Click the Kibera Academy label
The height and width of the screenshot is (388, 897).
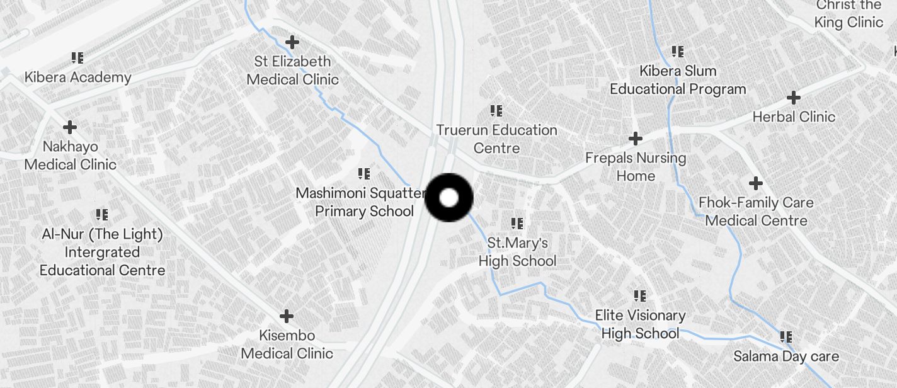[x=77, y=77]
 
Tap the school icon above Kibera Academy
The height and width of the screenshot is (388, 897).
[x=77, y=58]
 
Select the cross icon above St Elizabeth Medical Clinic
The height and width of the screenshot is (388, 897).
[x=292, y=42]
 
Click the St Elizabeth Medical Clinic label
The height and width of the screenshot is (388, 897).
[x=293, y=71]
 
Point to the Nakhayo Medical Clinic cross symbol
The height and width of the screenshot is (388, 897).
[x=70, y=127]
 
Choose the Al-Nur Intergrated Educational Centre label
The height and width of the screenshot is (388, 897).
[x=102, y=252]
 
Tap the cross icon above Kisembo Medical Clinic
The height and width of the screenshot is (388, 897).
[x=287, y=316]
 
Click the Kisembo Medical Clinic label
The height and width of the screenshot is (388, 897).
[x=287, y=345]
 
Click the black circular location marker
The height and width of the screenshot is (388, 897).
[x=449, y=198]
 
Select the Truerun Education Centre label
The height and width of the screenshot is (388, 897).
[x=496, y=139]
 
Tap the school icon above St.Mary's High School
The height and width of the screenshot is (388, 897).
[x=517, y=223]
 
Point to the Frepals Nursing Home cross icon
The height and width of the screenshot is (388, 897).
[x=636, y=138]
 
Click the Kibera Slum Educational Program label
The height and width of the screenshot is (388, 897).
[x=678, y=80]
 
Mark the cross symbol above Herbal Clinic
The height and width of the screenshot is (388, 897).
[x=794, y=98]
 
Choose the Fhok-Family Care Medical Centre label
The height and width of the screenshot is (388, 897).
[x=756, y=212]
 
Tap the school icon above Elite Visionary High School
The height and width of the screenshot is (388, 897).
[x=640, y=295]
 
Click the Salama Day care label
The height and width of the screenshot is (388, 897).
[x=786, y=357]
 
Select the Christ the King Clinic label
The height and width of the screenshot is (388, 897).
[x=848, y=14]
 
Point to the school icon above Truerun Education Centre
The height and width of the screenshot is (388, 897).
[x=496, y=111]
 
